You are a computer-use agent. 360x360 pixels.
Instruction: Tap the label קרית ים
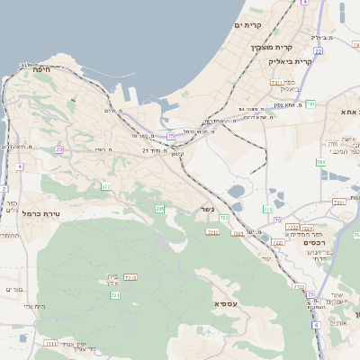coord(249,26)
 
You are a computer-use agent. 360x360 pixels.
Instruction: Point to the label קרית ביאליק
coord(290,61)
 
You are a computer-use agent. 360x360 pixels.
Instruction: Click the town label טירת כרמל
coord(40,213)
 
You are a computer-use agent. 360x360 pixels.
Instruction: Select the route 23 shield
coord(59,150)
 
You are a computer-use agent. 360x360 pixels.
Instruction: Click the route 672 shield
coord(106,186)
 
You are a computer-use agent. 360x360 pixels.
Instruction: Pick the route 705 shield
coord(159,209)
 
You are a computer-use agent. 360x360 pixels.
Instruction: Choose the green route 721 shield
coord(114,295)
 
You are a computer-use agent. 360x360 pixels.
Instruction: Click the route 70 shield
coord(278,220)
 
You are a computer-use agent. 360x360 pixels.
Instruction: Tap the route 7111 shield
coord(50,343)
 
